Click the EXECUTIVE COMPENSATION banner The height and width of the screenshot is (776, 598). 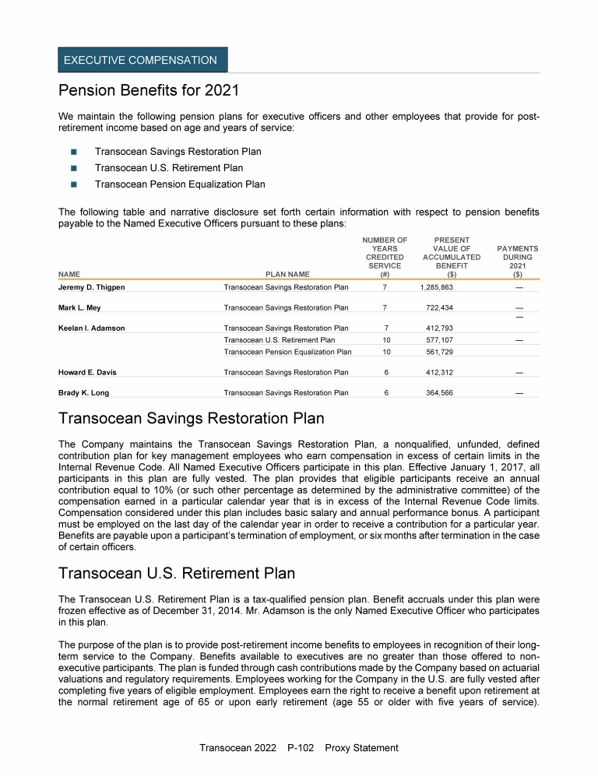(x=141, y=60)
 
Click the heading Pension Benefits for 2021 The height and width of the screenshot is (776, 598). (x=148, y=90)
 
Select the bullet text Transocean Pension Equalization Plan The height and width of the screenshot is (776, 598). (x=180, y=184)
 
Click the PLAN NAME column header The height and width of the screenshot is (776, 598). (x=287, y=274)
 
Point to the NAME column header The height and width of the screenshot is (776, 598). (x=69, y=274)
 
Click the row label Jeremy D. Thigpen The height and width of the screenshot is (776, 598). (x=92, y=288)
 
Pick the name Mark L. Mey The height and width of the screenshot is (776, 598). (x=79, y=308)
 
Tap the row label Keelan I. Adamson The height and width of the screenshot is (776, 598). (x=92, y=328)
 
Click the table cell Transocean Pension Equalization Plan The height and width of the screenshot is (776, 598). (x=287, y=352)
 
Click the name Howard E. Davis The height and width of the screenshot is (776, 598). (x=88, y=373)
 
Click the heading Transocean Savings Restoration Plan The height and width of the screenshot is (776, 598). (x=192, y=419)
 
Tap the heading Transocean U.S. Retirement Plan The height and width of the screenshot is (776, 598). (x=177, y=574)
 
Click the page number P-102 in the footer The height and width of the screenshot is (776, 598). (x=300, y=748)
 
